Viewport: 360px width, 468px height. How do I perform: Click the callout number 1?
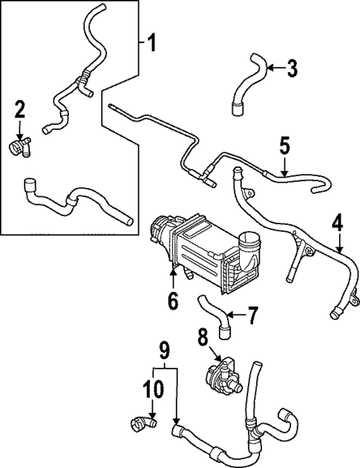pos(151,42)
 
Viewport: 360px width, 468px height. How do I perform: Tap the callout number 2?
pos(20,111)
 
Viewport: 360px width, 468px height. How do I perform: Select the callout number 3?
pos(292,69)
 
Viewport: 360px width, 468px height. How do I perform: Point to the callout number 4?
pos(338,221)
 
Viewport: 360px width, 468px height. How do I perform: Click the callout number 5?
pos(284,146)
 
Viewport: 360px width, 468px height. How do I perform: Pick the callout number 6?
pos(173,301)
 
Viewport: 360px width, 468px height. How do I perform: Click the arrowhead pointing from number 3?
pos(269,69)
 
